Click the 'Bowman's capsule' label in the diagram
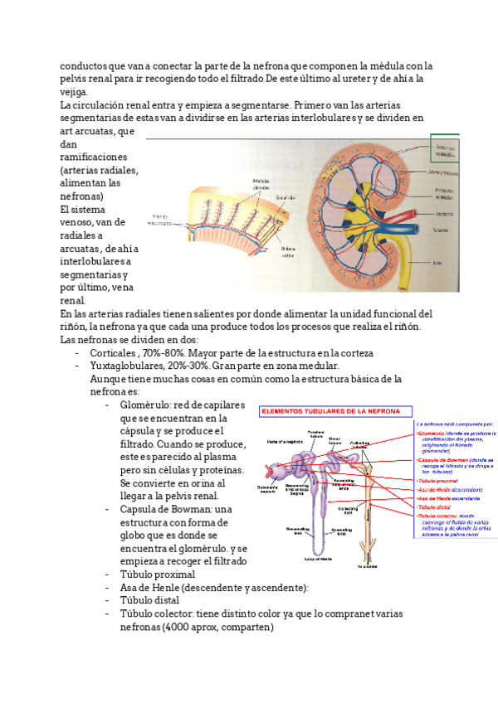(268, 489)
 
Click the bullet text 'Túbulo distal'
(149, 600)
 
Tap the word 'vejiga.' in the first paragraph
(74, 91)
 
